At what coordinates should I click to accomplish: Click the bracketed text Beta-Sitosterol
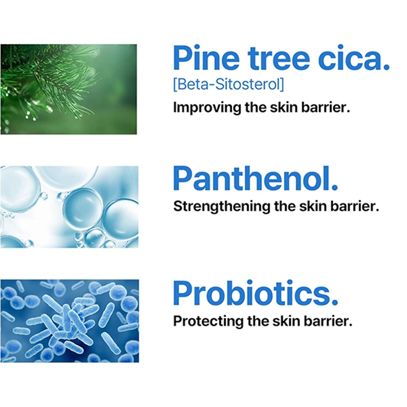click(228, 84)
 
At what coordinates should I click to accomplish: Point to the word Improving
click(207, 108)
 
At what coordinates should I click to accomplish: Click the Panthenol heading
click(256, 179)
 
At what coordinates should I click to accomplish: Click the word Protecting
click(208, 321)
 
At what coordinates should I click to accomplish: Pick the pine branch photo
click(68, 90)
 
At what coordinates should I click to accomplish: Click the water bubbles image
click(69, 207)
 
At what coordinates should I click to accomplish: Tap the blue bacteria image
click(69, 321)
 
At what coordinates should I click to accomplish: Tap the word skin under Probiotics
click(286, 321)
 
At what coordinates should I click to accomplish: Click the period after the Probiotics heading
click(335, 302)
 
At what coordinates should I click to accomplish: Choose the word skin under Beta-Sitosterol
click(283, 108)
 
